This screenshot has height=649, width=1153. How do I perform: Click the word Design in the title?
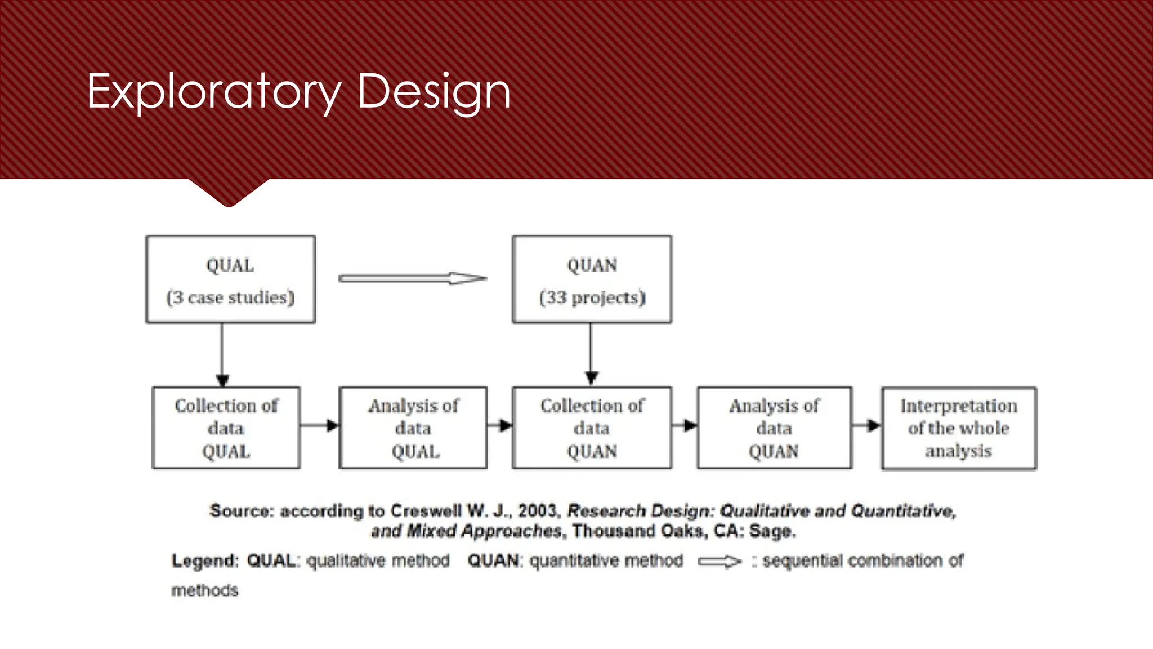pos(434,91)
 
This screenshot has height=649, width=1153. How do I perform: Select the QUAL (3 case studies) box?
pos(230,279)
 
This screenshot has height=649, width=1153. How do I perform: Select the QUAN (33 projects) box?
pos(592,279)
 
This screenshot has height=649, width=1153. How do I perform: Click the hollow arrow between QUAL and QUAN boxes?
pos(413,278)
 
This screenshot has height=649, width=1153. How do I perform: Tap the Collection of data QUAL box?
pos(226,428)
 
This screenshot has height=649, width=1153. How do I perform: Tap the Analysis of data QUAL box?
pos(413,428)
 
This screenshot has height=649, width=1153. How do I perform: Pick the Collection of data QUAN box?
pos(592,428)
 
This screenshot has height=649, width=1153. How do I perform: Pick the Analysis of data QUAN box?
pos(774,428)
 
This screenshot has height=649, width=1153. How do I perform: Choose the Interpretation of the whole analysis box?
pos(958,428)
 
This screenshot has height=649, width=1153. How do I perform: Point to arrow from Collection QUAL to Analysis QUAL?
pos(319,425)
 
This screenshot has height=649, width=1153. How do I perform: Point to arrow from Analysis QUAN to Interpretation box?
pos(866,425)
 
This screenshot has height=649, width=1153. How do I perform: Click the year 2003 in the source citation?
pos(538,511)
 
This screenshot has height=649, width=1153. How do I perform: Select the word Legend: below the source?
pos(205,561)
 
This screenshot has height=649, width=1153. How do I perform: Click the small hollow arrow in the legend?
pos(719,562)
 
